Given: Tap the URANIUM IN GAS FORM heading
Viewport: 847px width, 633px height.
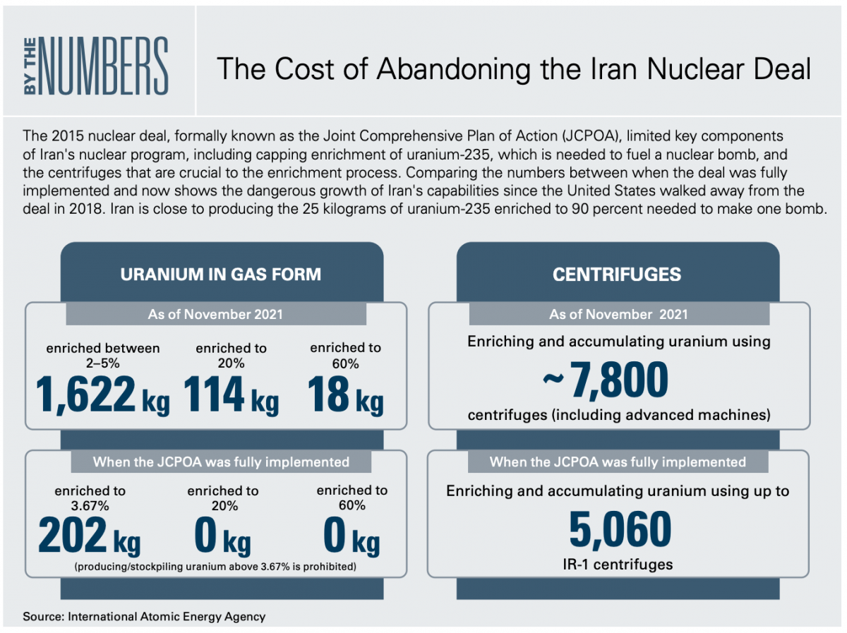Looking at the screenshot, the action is [x=221, y=275].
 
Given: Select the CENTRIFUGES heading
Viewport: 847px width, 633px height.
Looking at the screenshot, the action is [x=617, y=275].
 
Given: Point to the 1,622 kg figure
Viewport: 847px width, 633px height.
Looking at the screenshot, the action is [x=102, y=395].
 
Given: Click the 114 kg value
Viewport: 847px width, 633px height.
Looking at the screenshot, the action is [x=231, y=395].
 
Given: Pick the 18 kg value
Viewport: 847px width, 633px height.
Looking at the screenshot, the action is [x=345, y=395].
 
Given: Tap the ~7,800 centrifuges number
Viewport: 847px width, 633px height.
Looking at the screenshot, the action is [x=606, y=379].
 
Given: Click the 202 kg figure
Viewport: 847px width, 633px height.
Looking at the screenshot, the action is [x=90, y=536].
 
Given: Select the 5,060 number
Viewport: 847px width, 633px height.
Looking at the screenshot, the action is [x=620, y=529].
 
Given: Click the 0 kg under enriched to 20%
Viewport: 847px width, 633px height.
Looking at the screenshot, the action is [x=222, y=536].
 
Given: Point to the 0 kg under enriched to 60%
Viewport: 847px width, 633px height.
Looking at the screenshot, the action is [x=352, y=536].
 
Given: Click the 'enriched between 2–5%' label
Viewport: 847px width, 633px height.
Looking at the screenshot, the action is [x=102, y=355].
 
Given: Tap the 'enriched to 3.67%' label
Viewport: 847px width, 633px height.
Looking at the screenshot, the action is [x=90, y=498].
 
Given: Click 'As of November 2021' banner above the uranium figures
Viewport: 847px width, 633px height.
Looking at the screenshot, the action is [x=215, y=314].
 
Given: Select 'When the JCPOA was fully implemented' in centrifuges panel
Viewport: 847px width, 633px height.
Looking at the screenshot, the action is [x=618, y=462].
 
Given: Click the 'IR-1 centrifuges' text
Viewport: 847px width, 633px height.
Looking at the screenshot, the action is [x=618, y=565].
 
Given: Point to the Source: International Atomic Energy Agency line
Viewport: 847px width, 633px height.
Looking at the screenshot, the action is [x=144, y=616].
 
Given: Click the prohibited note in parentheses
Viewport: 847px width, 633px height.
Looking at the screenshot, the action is [x=215, y=567].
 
